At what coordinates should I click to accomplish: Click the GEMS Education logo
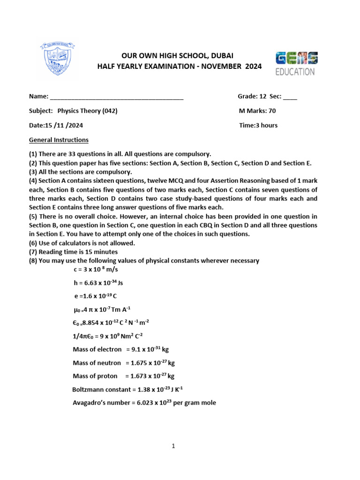pos(296,64)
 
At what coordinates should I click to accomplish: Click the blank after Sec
pos(290,97)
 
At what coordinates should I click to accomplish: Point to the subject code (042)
pos(109,111)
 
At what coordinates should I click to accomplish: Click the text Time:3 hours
pos(258,125)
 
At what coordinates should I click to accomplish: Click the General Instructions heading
pos(59,140)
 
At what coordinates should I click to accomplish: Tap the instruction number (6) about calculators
pos(34,243)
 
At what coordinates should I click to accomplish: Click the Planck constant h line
pos(98,283)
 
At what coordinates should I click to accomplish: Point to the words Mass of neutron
pos(97,362)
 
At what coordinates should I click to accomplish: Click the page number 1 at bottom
pos(173,446)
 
